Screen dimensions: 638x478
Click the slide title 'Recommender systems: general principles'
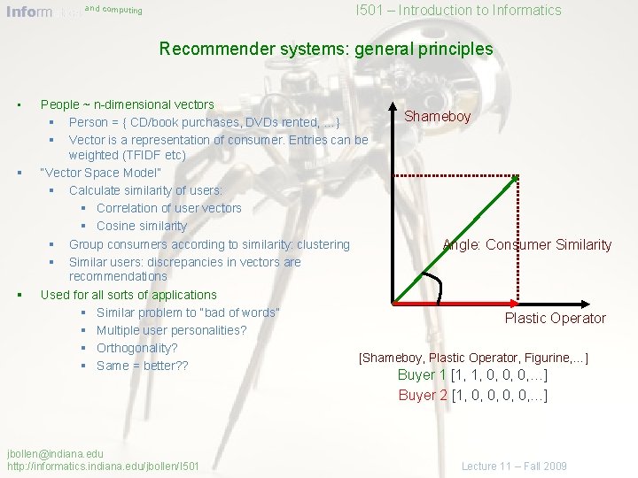coord(326,49)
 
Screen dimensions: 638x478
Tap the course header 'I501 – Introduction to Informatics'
coord(458,11)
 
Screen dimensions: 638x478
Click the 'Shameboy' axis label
coord(438,116)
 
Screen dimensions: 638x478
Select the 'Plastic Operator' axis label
coord(555,318)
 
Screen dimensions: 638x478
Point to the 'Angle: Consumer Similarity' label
coord(526,244)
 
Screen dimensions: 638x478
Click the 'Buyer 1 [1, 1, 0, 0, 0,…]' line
coord(472,374)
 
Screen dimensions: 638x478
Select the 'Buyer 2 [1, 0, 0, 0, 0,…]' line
coord(472,395)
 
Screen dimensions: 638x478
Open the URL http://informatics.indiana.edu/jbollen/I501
coord(103,466)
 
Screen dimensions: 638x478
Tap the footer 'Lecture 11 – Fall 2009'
coord(514,466)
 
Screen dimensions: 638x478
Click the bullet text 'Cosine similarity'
coord(142,226)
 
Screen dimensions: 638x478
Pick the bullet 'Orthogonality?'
coord(137,348)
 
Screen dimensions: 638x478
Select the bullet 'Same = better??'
coord(142,366)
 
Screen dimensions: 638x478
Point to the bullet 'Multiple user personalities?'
coord(171,330)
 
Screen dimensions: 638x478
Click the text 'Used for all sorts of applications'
coord(128,295)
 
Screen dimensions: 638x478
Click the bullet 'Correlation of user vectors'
coord(168,208)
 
